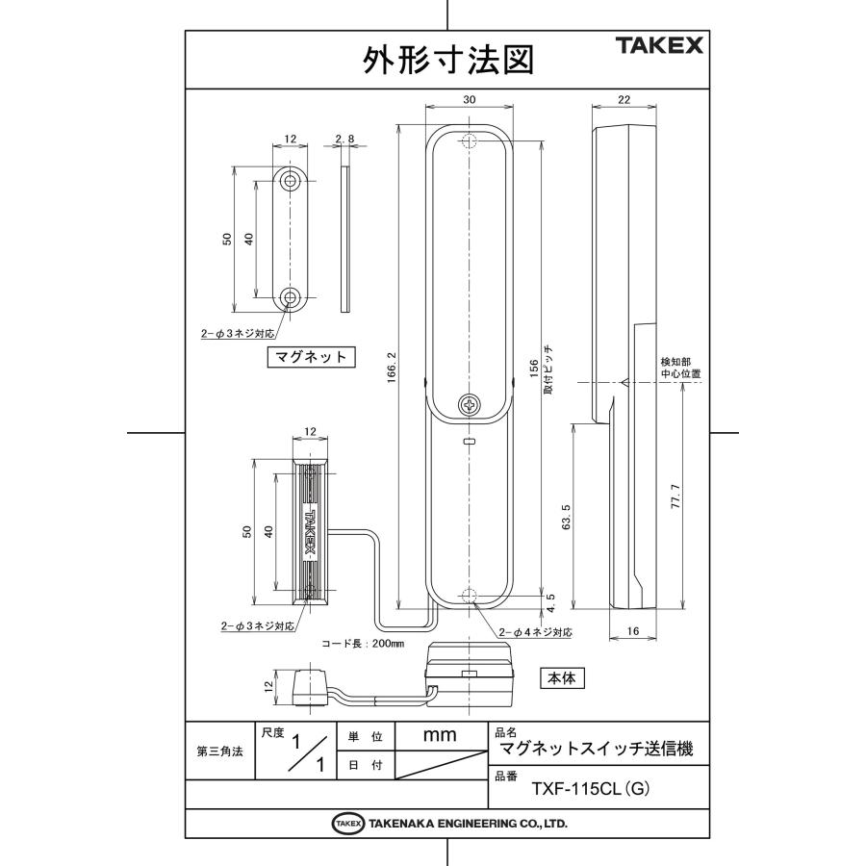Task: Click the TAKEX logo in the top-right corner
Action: (x=659, y=46)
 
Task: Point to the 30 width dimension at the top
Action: (x=469, y=99)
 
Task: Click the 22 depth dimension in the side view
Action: (x=624, y=99)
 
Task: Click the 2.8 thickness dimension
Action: (x=345, y=139)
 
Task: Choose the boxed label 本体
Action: (x=561, y=677)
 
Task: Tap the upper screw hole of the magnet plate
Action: (x=291, y=181)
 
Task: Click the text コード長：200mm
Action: (x=363, y=644)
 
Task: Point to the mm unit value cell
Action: (x=440, y=735)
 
